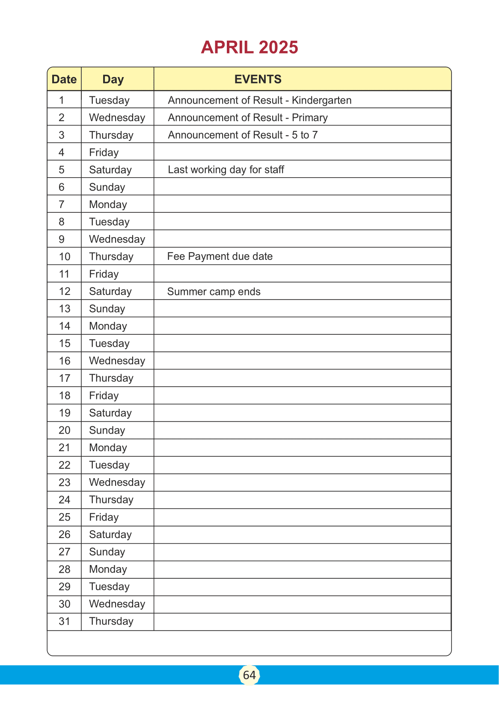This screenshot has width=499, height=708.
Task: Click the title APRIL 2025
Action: pyautogui.click(x=249, y=48)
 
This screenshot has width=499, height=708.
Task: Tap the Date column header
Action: pyautogui.click(x=64, y=79)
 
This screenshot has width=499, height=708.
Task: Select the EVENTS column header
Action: pyautogui.click(x=258, y=79)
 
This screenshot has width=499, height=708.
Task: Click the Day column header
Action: pyautogui.click(x=113, y=79)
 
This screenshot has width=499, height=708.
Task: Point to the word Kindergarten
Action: pyautogui.click(x=321, y=100)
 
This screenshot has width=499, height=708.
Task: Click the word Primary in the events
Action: pyautogui.click(x=309, y=118)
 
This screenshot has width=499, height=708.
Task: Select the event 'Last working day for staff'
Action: pyautogui.click(x=226, y=170)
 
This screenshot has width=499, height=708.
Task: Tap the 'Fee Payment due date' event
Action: pyautogui.click(x=220, y=256)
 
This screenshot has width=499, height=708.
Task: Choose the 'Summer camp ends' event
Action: pyautogui.click(x=214, y=292)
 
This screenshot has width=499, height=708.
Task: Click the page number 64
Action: pyautogui.click(x=249, y=675)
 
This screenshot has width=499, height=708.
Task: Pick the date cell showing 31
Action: pyautogui.click(x=64, y=621)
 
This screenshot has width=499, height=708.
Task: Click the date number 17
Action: pyautogui.click(x=64, y=378)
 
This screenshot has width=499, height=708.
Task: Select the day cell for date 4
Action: pyautogui.click(x=104, y=152)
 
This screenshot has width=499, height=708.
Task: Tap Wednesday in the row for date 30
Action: pyautogui.click(x=117, y=604)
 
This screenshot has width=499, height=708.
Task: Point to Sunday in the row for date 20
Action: pyautogui.click(x=107, y=430)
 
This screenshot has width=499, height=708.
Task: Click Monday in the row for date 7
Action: pyautogui.click(x=108, y=205)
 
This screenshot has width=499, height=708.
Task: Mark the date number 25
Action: pyautogui.click(x=64, y=517)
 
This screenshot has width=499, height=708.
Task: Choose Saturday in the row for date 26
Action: pyautogui.click(x=110, y=535)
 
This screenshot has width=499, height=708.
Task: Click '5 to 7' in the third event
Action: pyautogui.click(x=305, y=135)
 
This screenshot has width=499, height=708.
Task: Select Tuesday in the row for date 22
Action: pyautogui.click(x=109, y=465)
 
